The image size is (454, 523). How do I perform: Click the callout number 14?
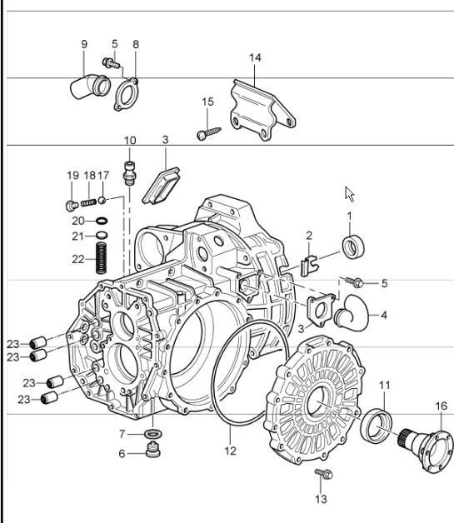click(255, 57)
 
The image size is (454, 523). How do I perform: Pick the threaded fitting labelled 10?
click(129, 171)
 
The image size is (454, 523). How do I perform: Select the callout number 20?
click(77, 221)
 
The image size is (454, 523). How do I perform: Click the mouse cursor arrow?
click(350, 194)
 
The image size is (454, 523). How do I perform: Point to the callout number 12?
click(231, 451)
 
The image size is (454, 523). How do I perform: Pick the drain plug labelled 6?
click(152, 452)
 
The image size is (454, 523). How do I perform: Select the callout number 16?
click(441, 406)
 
